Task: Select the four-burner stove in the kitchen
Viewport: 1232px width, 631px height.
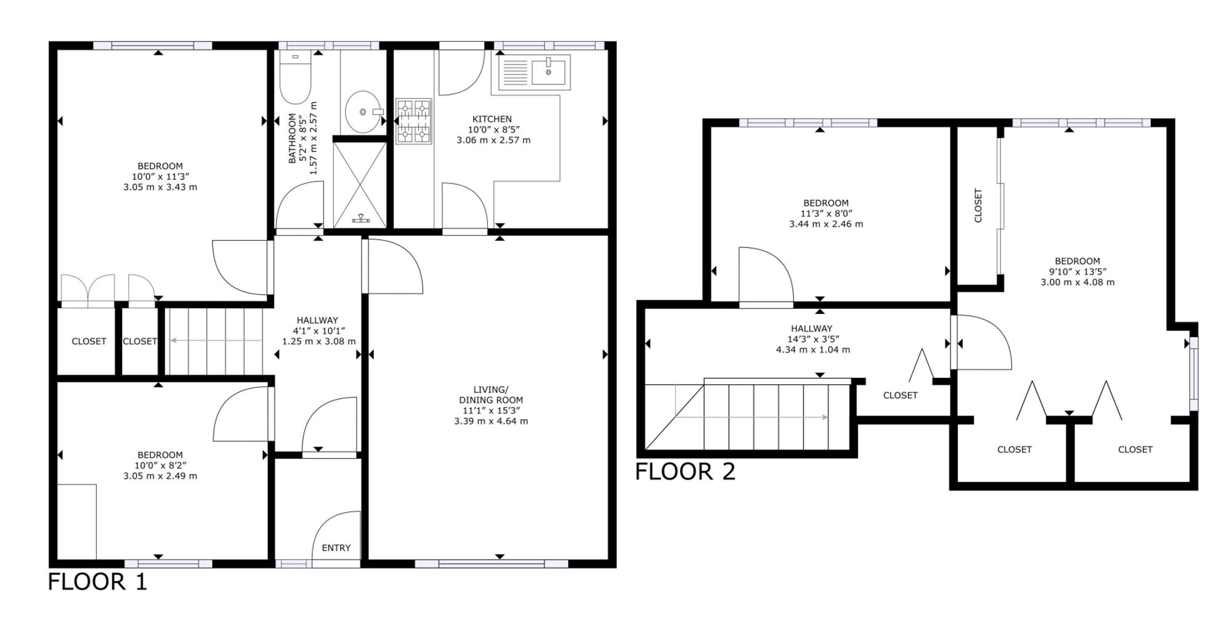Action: [x=413, y=121]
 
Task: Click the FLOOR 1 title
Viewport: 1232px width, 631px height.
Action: [x=98, y=582]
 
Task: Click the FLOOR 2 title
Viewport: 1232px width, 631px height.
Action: [x=685, y=472]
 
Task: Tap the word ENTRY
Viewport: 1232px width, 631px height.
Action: [x=336, y=548]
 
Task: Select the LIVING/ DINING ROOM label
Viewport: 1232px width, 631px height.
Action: [x=491, y=395]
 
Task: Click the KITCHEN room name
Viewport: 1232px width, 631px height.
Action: [x=492, y=119]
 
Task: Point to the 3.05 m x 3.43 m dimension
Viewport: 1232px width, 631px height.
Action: [x=160, y=187]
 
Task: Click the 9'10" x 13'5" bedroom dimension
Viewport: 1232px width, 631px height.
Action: [x=1077, y=271]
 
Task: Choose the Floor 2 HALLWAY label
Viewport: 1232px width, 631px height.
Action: [x=812, y=329]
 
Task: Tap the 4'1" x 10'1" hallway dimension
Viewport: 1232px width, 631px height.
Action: [x=318, y=331]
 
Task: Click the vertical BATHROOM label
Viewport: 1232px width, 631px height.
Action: [x=293, y=139]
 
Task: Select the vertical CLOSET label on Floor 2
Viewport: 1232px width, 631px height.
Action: [x=978, y=205]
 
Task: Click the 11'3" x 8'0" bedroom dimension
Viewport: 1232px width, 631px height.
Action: [x=825, y=214]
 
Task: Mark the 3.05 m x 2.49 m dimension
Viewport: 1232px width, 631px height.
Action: [x=160, y=476]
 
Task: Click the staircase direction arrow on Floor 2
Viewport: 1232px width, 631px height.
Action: [x=752, y=417]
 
